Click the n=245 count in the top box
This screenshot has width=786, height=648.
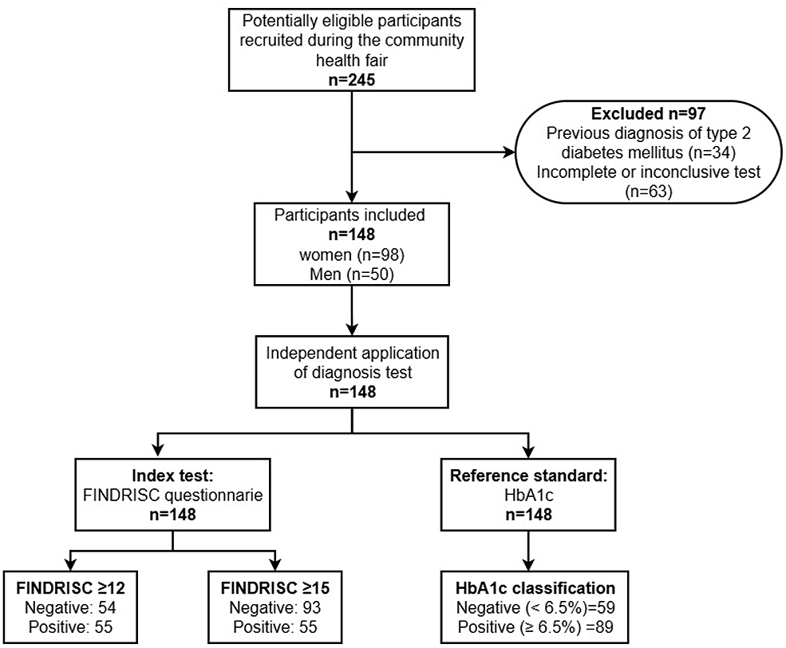(351, 80)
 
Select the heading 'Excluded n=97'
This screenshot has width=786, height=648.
(648, 114)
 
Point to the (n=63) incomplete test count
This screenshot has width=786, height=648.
(648, 192)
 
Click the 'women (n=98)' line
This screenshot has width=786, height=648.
(351, 255)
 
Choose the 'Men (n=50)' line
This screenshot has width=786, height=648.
(351, 275)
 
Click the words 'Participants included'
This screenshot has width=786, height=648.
(350, 215)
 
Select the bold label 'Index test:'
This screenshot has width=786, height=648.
(172, 475)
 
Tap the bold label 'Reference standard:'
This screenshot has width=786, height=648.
(528, 475)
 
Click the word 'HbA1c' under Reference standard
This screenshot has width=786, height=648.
(528, 495)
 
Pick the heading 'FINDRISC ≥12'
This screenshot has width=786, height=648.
(70, 588)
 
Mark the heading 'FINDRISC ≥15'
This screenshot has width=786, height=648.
(275, 588)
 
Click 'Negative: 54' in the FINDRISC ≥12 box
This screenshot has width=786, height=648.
(70, 607)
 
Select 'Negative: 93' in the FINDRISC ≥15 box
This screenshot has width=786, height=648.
(275, 607)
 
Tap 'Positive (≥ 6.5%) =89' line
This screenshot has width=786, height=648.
(535, 627)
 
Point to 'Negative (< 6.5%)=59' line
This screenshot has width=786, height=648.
(535, 607)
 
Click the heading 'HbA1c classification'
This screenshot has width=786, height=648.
(535, 588)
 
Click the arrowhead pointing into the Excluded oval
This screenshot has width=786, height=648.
(509, 152)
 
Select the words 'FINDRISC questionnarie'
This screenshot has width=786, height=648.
(172, 495)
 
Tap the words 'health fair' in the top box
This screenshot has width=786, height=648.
(351, 60)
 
